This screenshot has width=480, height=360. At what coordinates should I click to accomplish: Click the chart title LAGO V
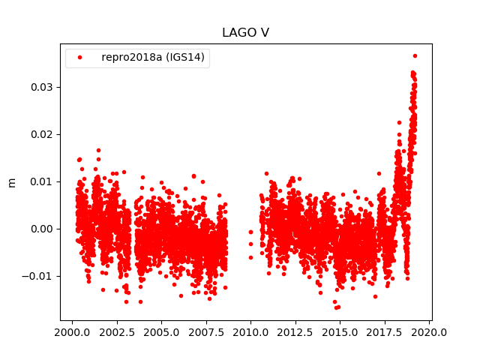tap(245, 33)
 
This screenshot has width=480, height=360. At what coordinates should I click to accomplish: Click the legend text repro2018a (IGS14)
tap(153, 58)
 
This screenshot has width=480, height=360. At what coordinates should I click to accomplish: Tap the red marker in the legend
tap(80, 58)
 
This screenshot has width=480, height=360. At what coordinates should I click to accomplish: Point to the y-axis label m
tap(11, 182)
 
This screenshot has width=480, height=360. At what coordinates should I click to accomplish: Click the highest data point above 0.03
tap(415, 55)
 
